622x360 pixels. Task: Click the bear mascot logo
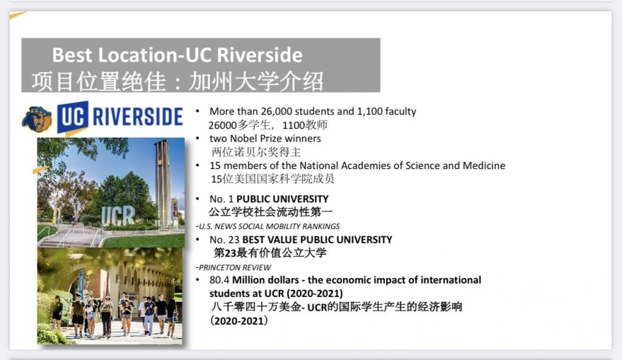(x=37, y=119)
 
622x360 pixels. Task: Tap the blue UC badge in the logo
(x=73, y=117)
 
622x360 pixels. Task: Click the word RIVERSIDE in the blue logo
(x=138, y=116)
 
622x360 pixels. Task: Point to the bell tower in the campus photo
(x=162, y=183)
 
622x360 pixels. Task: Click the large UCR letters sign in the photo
(x=118, y=216)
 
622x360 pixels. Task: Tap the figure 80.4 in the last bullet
(x=219, y=280)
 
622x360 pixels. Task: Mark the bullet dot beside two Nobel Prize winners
(x=198, y=138)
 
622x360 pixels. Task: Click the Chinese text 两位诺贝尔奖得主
(x=256, y=152)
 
